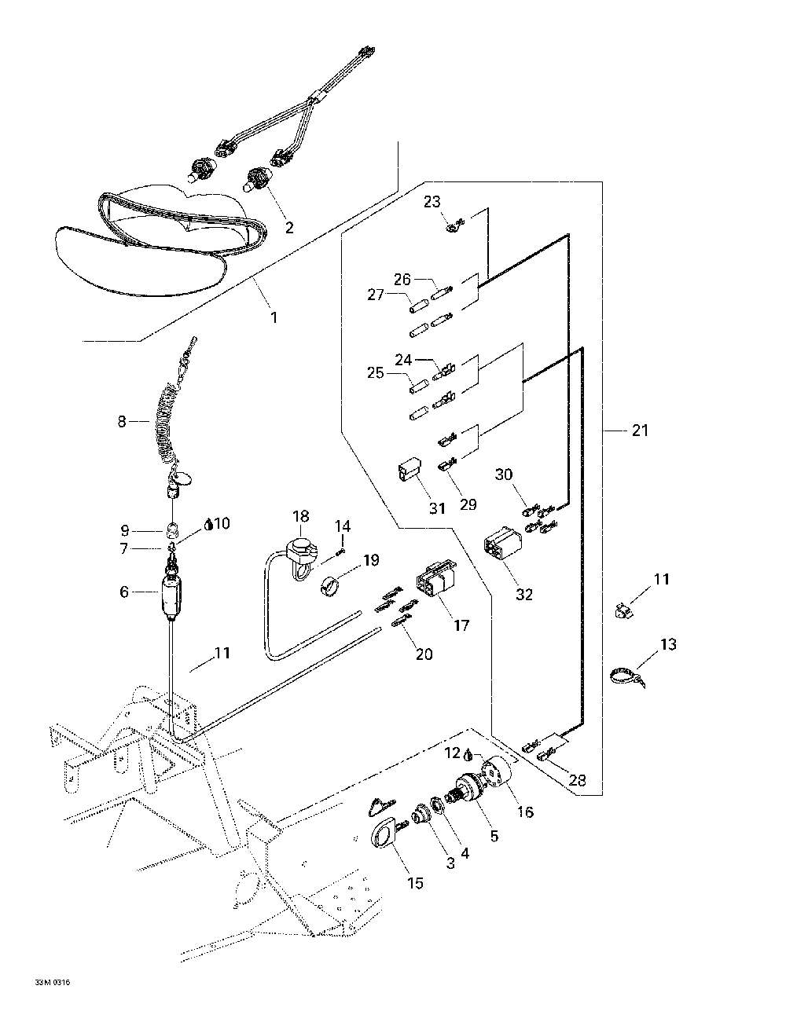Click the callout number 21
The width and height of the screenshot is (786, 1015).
[x=641, y=431]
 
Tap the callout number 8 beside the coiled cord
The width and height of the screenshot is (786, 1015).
[x=122, y=422]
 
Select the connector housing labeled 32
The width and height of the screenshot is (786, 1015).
[x=501, y=550]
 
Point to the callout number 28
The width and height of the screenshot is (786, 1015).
[x=578, y=780]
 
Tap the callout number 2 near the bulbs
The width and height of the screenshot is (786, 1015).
[x=289, y=228]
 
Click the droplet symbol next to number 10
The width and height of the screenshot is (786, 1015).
[x=208, y=525]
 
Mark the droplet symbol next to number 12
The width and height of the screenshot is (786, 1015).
[x=467, y=754]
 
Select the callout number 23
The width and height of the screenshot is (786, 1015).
[x=432, y=202]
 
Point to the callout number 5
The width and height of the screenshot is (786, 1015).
[x=494, y=836]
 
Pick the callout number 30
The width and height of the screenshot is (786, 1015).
[x=504, y=475]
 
